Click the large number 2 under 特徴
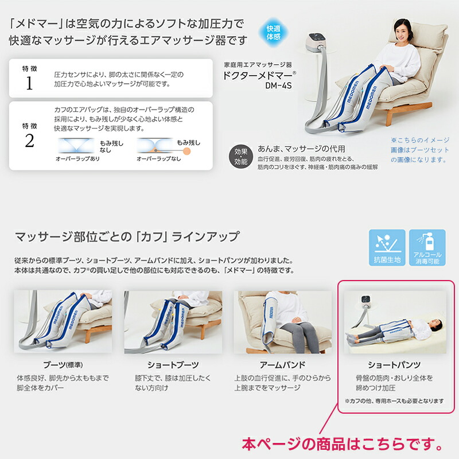(29, 141)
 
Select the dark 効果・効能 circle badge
(241, 156)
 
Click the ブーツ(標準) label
(62, 365)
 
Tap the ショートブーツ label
(172, 365)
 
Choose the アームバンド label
(282, 365)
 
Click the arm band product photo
(282, 321)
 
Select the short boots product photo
(173, 321)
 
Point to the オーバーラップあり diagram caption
(77, 158)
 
